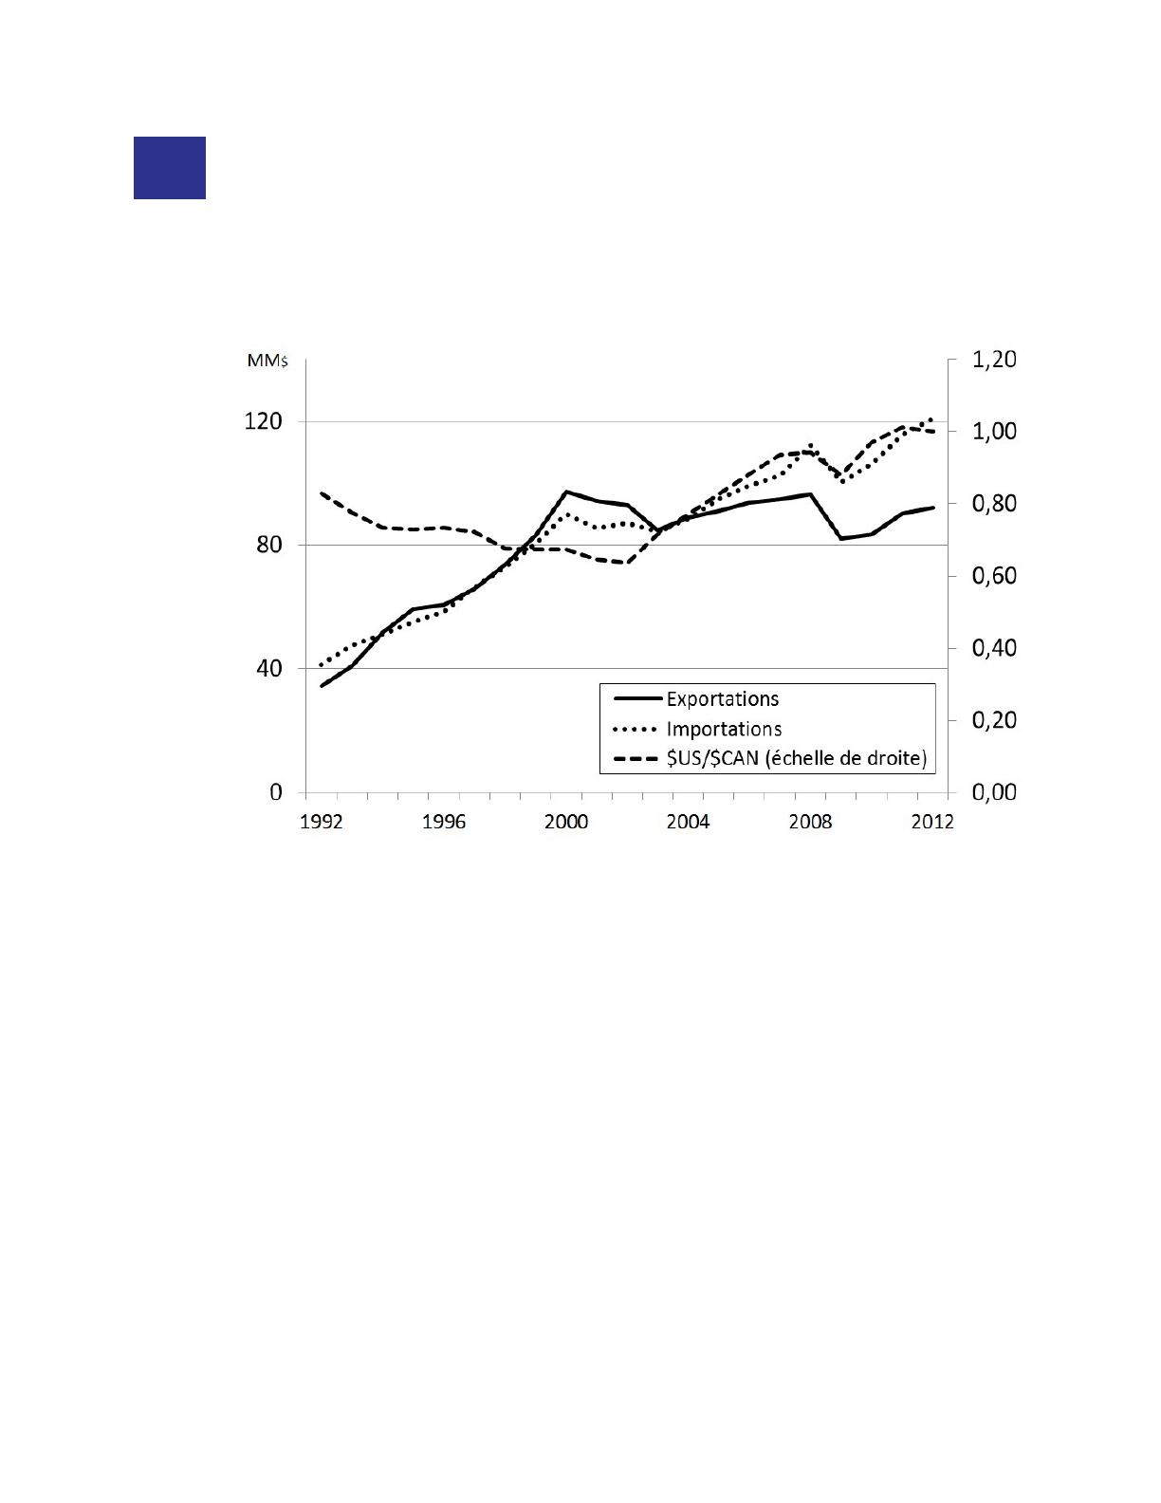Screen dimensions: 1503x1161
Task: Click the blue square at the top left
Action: [169, 168]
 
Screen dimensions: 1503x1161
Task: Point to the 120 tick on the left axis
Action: [263, 421]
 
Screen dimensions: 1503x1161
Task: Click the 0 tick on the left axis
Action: [276, 791]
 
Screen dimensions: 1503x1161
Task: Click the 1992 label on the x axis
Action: [322, 822]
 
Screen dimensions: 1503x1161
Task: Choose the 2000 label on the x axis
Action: [566, 822]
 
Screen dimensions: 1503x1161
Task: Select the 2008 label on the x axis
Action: [811, 822]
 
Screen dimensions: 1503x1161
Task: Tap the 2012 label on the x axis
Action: [932, 822]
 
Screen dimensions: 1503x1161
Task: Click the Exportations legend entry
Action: [722, 699]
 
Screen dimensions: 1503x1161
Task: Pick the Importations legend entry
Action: [724, 729]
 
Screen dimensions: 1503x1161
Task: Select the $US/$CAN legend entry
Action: [795, 759]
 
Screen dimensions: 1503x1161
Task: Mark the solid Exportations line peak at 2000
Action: [566, 492]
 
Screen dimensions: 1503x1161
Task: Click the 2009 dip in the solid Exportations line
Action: [841, 538]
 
